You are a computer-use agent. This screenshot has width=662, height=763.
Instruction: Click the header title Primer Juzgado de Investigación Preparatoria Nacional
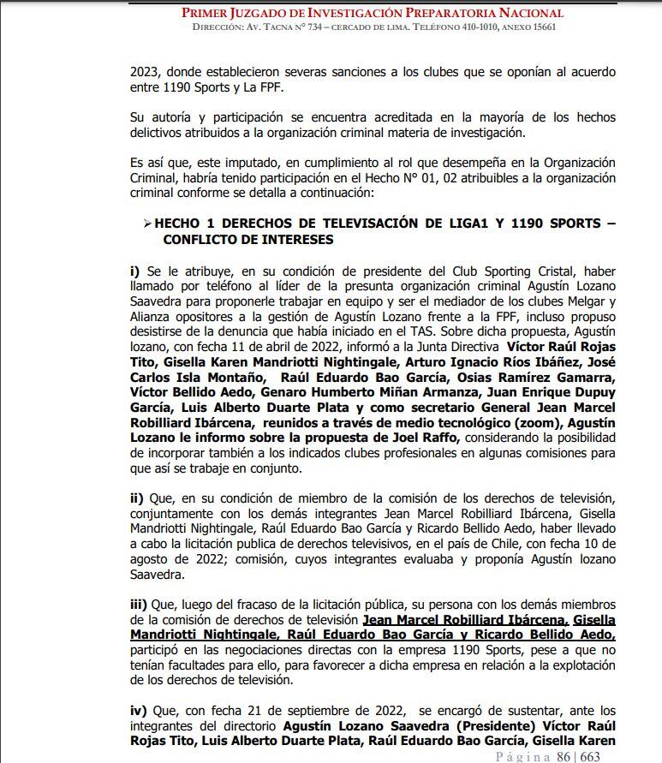click(x=373, y=13)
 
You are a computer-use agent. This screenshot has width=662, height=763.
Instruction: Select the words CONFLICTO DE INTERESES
click(x=248, y=240)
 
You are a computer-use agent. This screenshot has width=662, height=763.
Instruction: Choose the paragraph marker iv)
click(x=139, y=711)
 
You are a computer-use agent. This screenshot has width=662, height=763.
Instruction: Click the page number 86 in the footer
click(x=564, y=756)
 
